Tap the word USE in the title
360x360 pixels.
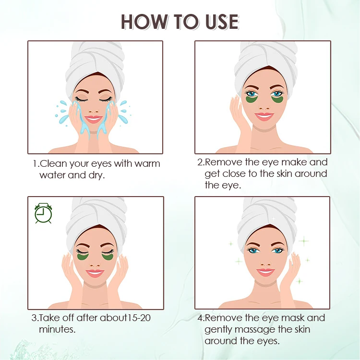(x=222, y=22)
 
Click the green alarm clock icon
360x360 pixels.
(x=43, y=213)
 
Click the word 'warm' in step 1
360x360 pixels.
(x=147, y=164)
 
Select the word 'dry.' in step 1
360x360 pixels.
(x=96, y=175)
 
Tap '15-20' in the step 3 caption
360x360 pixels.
(x=139, y=318)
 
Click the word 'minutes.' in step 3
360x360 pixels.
(x=57, y=329)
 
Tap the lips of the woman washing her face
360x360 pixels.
(x=93, y=119)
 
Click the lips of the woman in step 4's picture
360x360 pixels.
(x=265, y=273)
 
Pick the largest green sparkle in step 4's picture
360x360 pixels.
(x=304, y=241)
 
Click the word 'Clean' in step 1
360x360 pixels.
(x=53, y=164)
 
